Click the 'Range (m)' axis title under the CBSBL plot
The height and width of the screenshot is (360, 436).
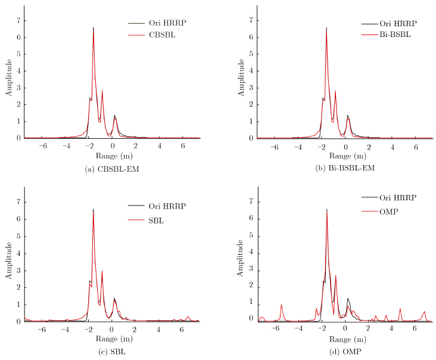(x=105, y=156)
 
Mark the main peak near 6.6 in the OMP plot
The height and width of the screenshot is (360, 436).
(x=326, y=209)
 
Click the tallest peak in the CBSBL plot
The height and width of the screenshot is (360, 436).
(x=94, y=27)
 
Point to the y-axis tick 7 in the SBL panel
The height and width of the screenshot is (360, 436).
(x=18, y=203)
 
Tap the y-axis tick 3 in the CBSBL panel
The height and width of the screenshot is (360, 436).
(x=18, y=88)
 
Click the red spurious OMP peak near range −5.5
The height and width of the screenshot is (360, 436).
(x=281, y=305)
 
